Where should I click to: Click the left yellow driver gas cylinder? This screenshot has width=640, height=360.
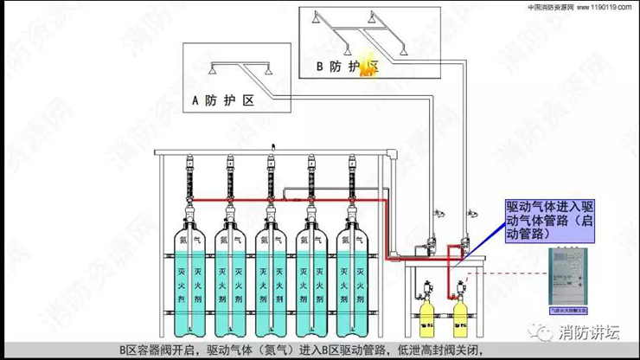click(426, 318)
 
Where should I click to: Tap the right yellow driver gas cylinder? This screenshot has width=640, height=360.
click(460, 318)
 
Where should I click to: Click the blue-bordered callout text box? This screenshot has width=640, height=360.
click(550, 220)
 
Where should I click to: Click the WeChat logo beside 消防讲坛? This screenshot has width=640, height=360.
click(545, 331)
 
